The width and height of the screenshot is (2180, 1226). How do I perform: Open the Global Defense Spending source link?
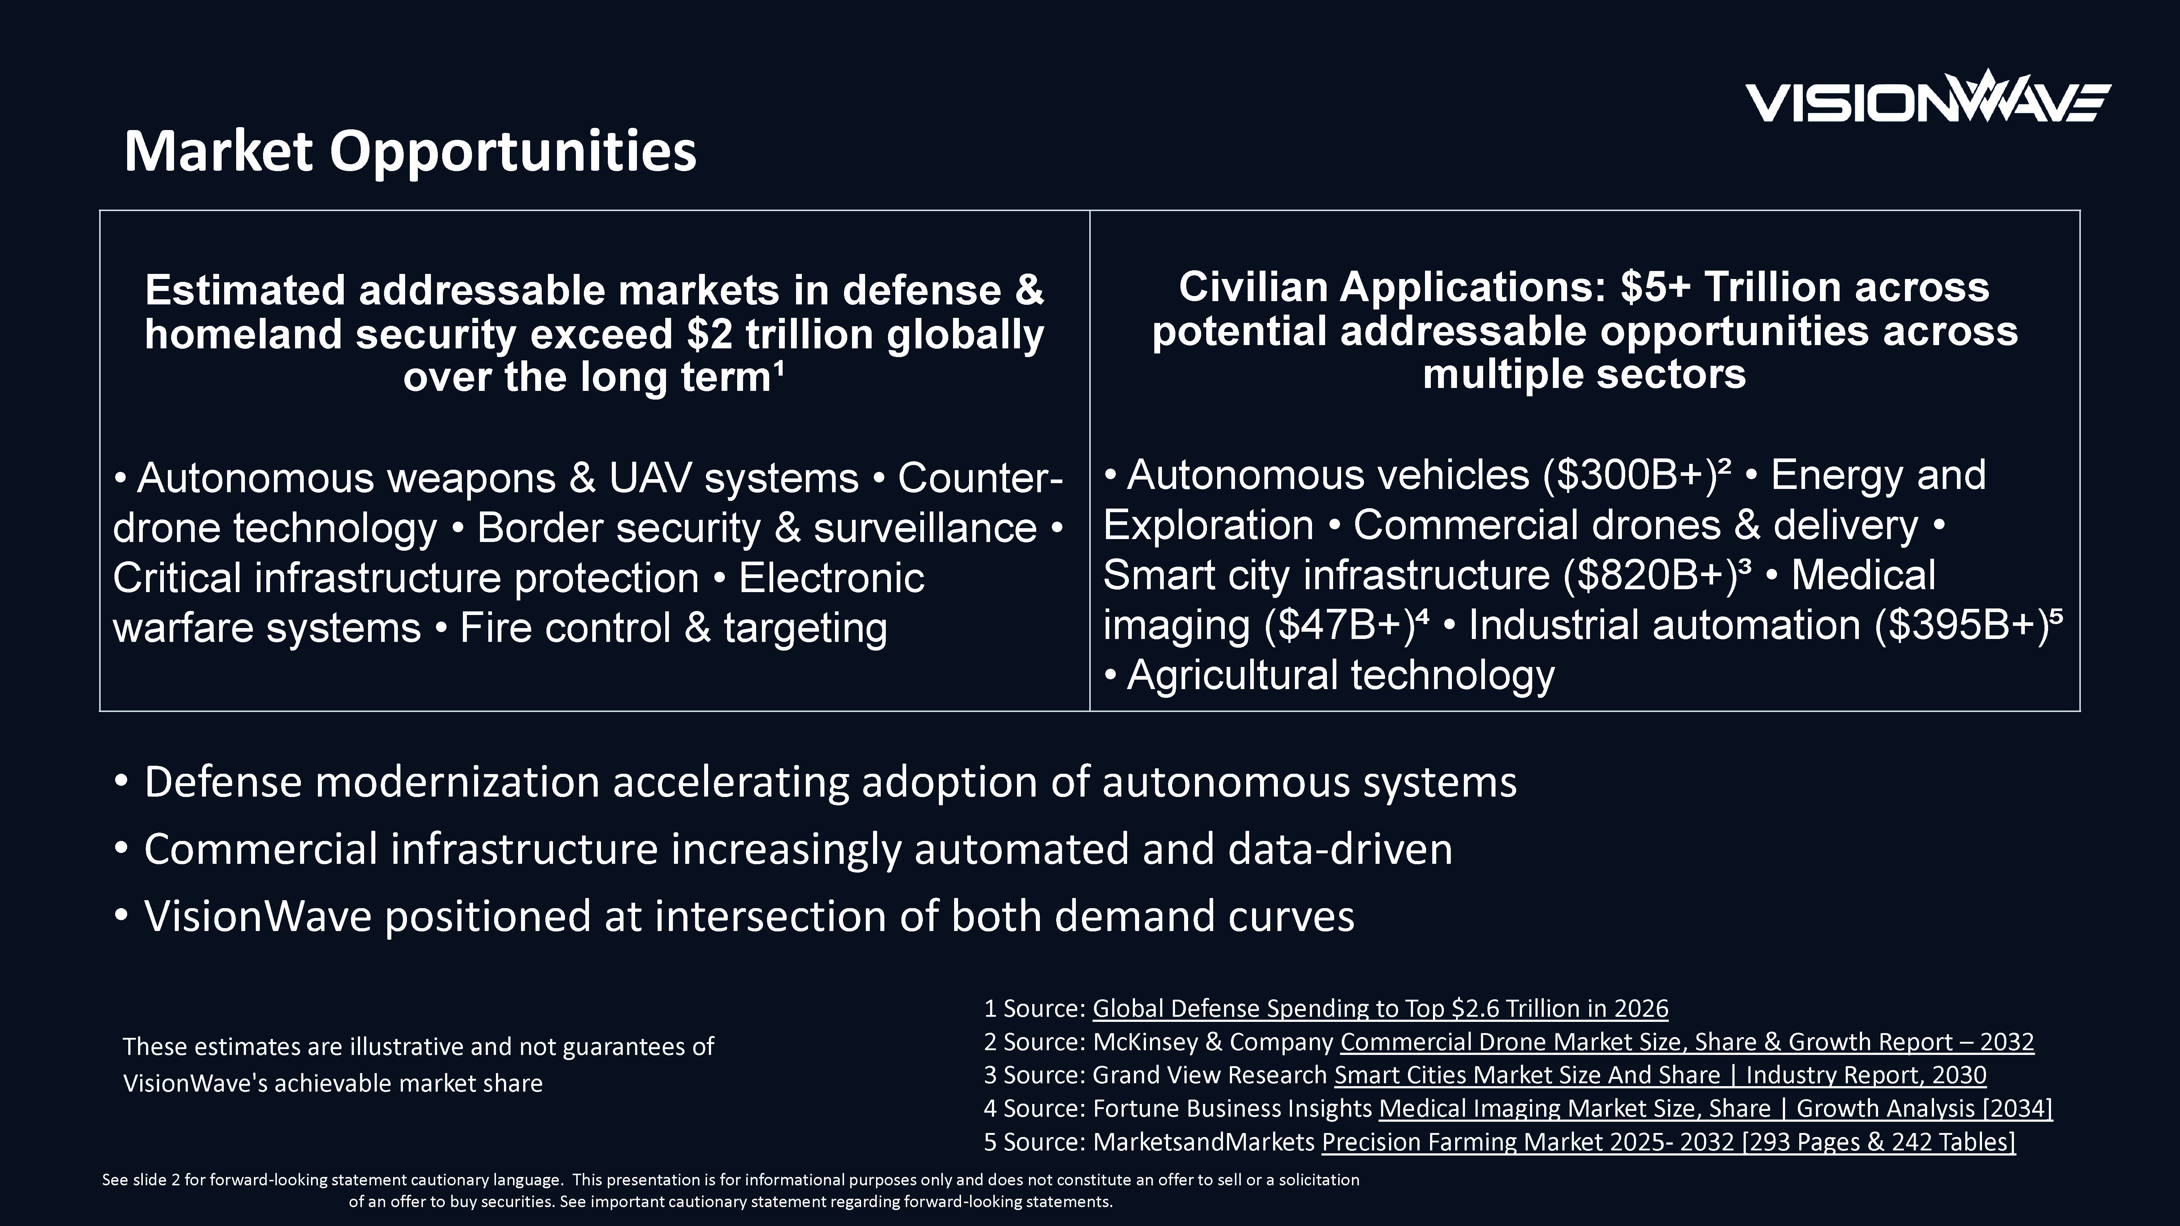pos(1380,1008)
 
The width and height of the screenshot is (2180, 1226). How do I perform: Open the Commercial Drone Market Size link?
pos(1687,1041)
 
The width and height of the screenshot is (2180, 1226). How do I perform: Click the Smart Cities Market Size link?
pos(1660,1075)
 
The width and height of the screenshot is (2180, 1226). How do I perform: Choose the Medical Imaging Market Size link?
pos(1715,1108)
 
